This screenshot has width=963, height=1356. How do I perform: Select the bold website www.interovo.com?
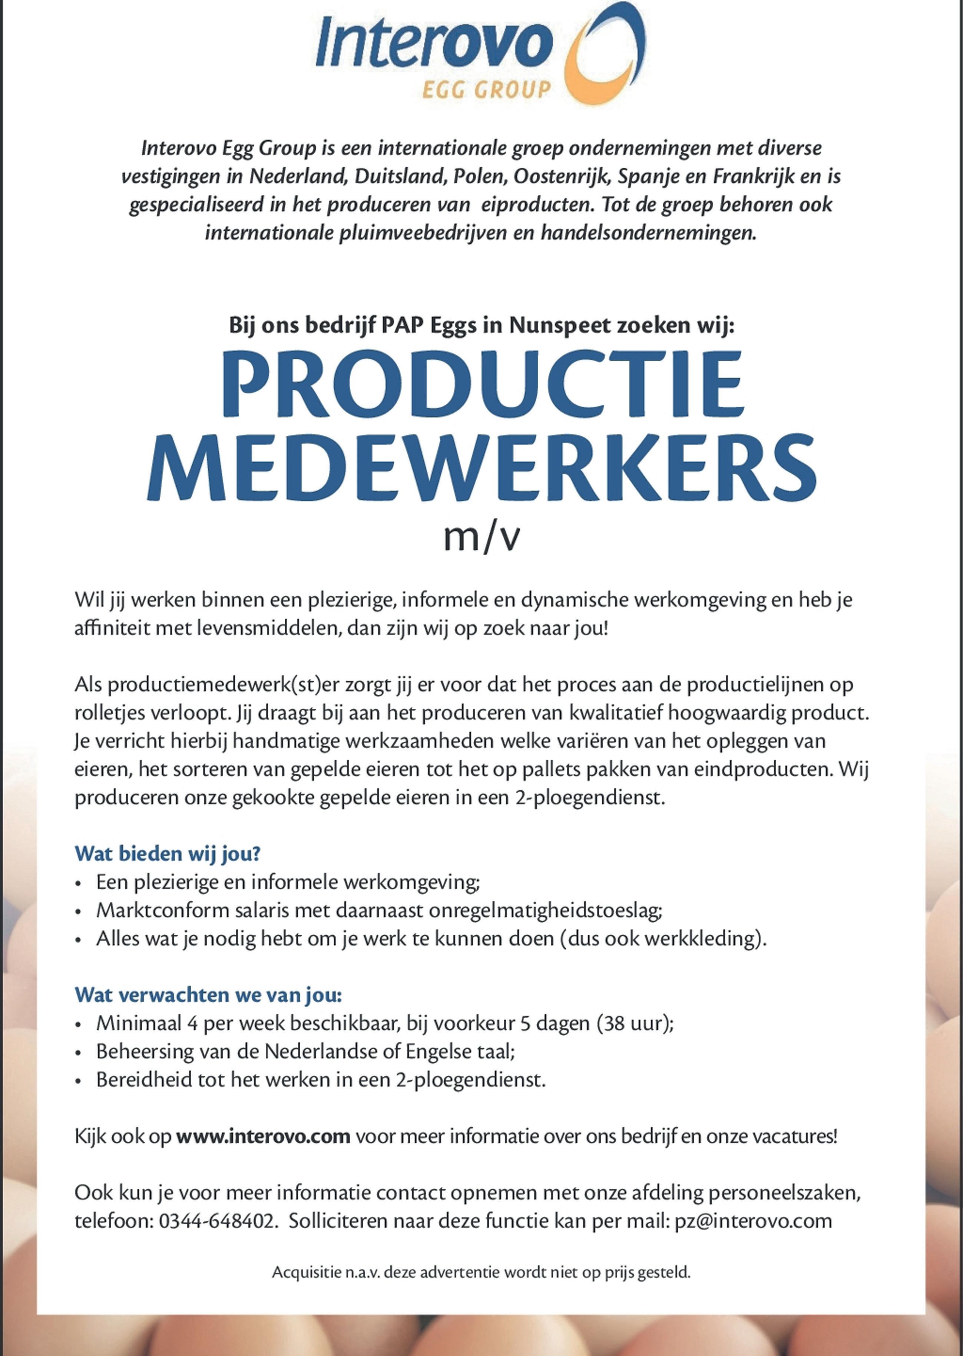pos(263,1136)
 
